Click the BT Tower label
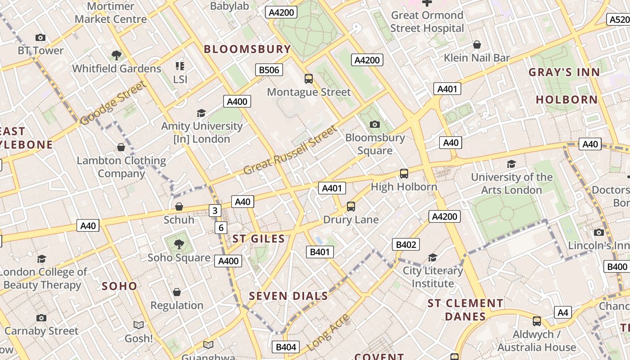coord(40,50)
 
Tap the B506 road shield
coord(270,70)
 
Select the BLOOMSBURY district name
coord(247,49)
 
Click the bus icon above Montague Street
coord(309,79)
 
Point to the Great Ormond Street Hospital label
coord(427,22)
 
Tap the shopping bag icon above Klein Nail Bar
coord(477,45)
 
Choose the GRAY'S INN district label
coord(564,72)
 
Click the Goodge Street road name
coord(113,103)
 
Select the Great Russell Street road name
coord(290,150)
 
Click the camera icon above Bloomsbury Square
coord(374,124)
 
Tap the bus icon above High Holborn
coord(404,173)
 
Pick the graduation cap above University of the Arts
coord(511,164)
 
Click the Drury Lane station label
coord(351,220)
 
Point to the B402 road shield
coord(406,244)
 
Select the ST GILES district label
coord(259,238)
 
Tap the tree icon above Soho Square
coord(179,244)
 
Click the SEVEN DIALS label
coord(288,296)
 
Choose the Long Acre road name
coord(328,333)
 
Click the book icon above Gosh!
coord(139,325)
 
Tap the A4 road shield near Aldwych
coord(563,312)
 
